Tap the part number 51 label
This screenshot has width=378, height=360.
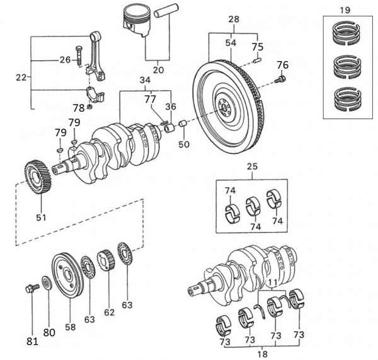click(40, 219)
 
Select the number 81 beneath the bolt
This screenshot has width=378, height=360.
click(32, 341)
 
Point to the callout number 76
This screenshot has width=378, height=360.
click(282, 64)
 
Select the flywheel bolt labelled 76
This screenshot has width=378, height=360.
click(282, 79)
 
